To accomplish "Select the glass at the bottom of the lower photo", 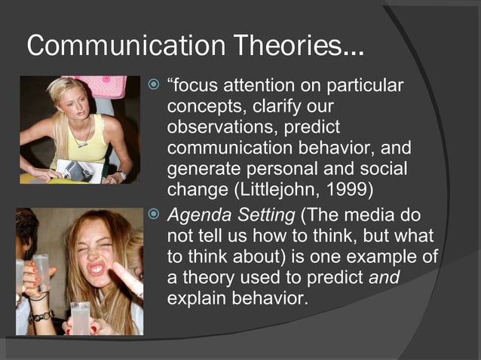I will click(79, 317).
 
